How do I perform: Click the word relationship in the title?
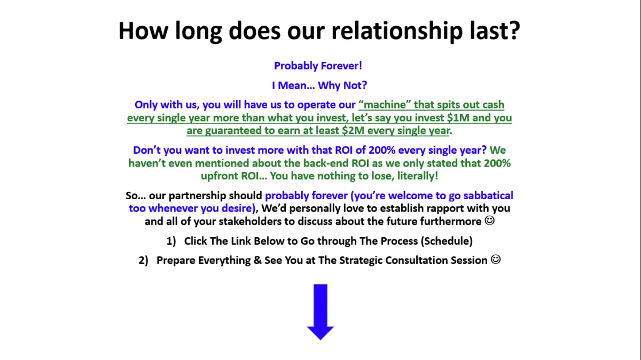pos(397,31)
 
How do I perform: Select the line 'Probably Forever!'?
pos(318,66)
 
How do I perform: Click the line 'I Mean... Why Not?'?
pos(319,85)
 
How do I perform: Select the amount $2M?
pos(353,130)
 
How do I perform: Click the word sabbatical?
pos(488,195)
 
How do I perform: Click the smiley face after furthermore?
pos(490,221)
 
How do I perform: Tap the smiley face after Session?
pos(496,260)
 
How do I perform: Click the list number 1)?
pos(171,241)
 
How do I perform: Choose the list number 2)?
pos(143,261)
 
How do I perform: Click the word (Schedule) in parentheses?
pos(447,241)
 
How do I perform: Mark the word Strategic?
pos(361,261)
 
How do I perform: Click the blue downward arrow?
pos(320,312)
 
